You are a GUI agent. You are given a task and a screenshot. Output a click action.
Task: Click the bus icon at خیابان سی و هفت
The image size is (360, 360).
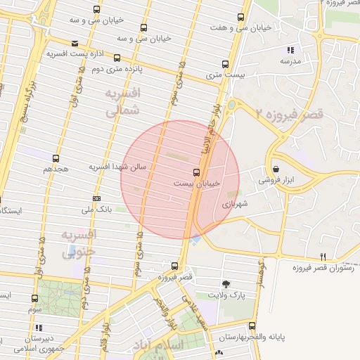[x=241, y=18]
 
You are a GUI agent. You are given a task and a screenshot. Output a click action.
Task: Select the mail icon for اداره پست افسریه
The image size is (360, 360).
[x=75, y=43]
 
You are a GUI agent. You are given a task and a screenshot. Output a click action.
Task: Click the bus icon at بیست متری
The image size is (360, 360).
[x=225, y=61]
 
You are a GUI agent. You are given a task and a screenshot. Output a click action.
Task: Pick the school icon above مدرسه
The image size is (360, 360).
[x=290, y=50]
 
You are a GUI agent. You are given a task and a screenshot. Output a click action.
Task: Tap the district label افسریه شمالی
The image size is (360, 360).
[x=123, y=102]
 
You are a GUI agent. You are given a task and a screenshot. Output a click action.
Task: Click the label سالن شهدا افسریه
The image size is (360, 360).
[x=117, y=167]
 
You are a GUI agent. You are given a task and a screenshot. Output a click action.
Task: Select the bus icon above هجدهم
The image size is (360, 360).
[x=56, y=158]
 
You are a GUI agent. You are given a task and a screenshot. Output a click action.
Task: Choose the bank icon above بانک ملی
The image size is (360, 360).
[x=96, y=198]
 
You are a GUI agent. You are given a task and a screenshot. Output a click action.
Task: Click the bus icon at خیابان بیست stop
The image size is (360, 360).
[x=196, y=172]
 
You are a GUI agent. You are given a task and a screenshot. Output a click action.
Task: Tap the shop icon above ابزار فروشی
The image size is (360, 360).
[x=276, y=169]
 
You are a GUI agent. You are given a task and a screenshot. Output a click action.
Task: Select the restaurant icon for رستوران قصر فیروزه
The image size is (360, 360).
[x=323, y=257]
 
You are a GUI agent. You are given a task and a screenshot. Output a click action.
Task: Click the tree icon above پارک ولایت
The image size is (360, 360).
[x=226, y=284]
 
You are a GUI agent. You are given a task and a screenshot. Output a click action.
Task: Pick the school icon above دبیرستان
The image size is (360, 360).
[x=38, y=328]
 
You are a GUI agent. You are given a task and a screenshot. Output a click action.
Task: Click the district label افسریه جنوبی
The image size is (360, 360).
[x=78, y=243]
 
